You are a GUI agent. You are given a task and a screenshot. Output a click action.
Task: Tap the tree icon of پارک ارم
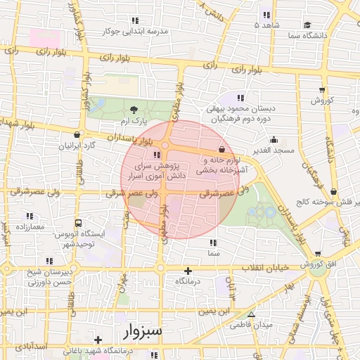click(x=134, y=108)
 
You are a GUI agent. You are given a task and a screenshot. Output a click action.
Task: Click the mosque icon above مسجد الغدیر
click(x=272, y=139)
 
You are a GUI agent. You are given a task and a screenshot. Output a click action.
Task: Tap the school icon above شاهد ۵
click(x=266, y=15)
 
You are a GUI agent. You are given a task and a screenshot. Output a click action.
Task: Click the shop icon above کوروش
click(x=322, y=89)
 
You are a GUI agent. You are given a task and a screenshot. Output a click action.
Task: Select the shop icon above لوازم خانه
click(x=222, y=149)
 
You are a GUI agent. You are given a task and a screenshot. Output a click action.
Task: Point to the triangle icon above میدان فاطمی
click(x=251, y=314)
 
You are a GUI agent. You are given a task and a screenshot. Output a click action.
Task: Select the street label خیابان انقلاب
click(x=266, y=269)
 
